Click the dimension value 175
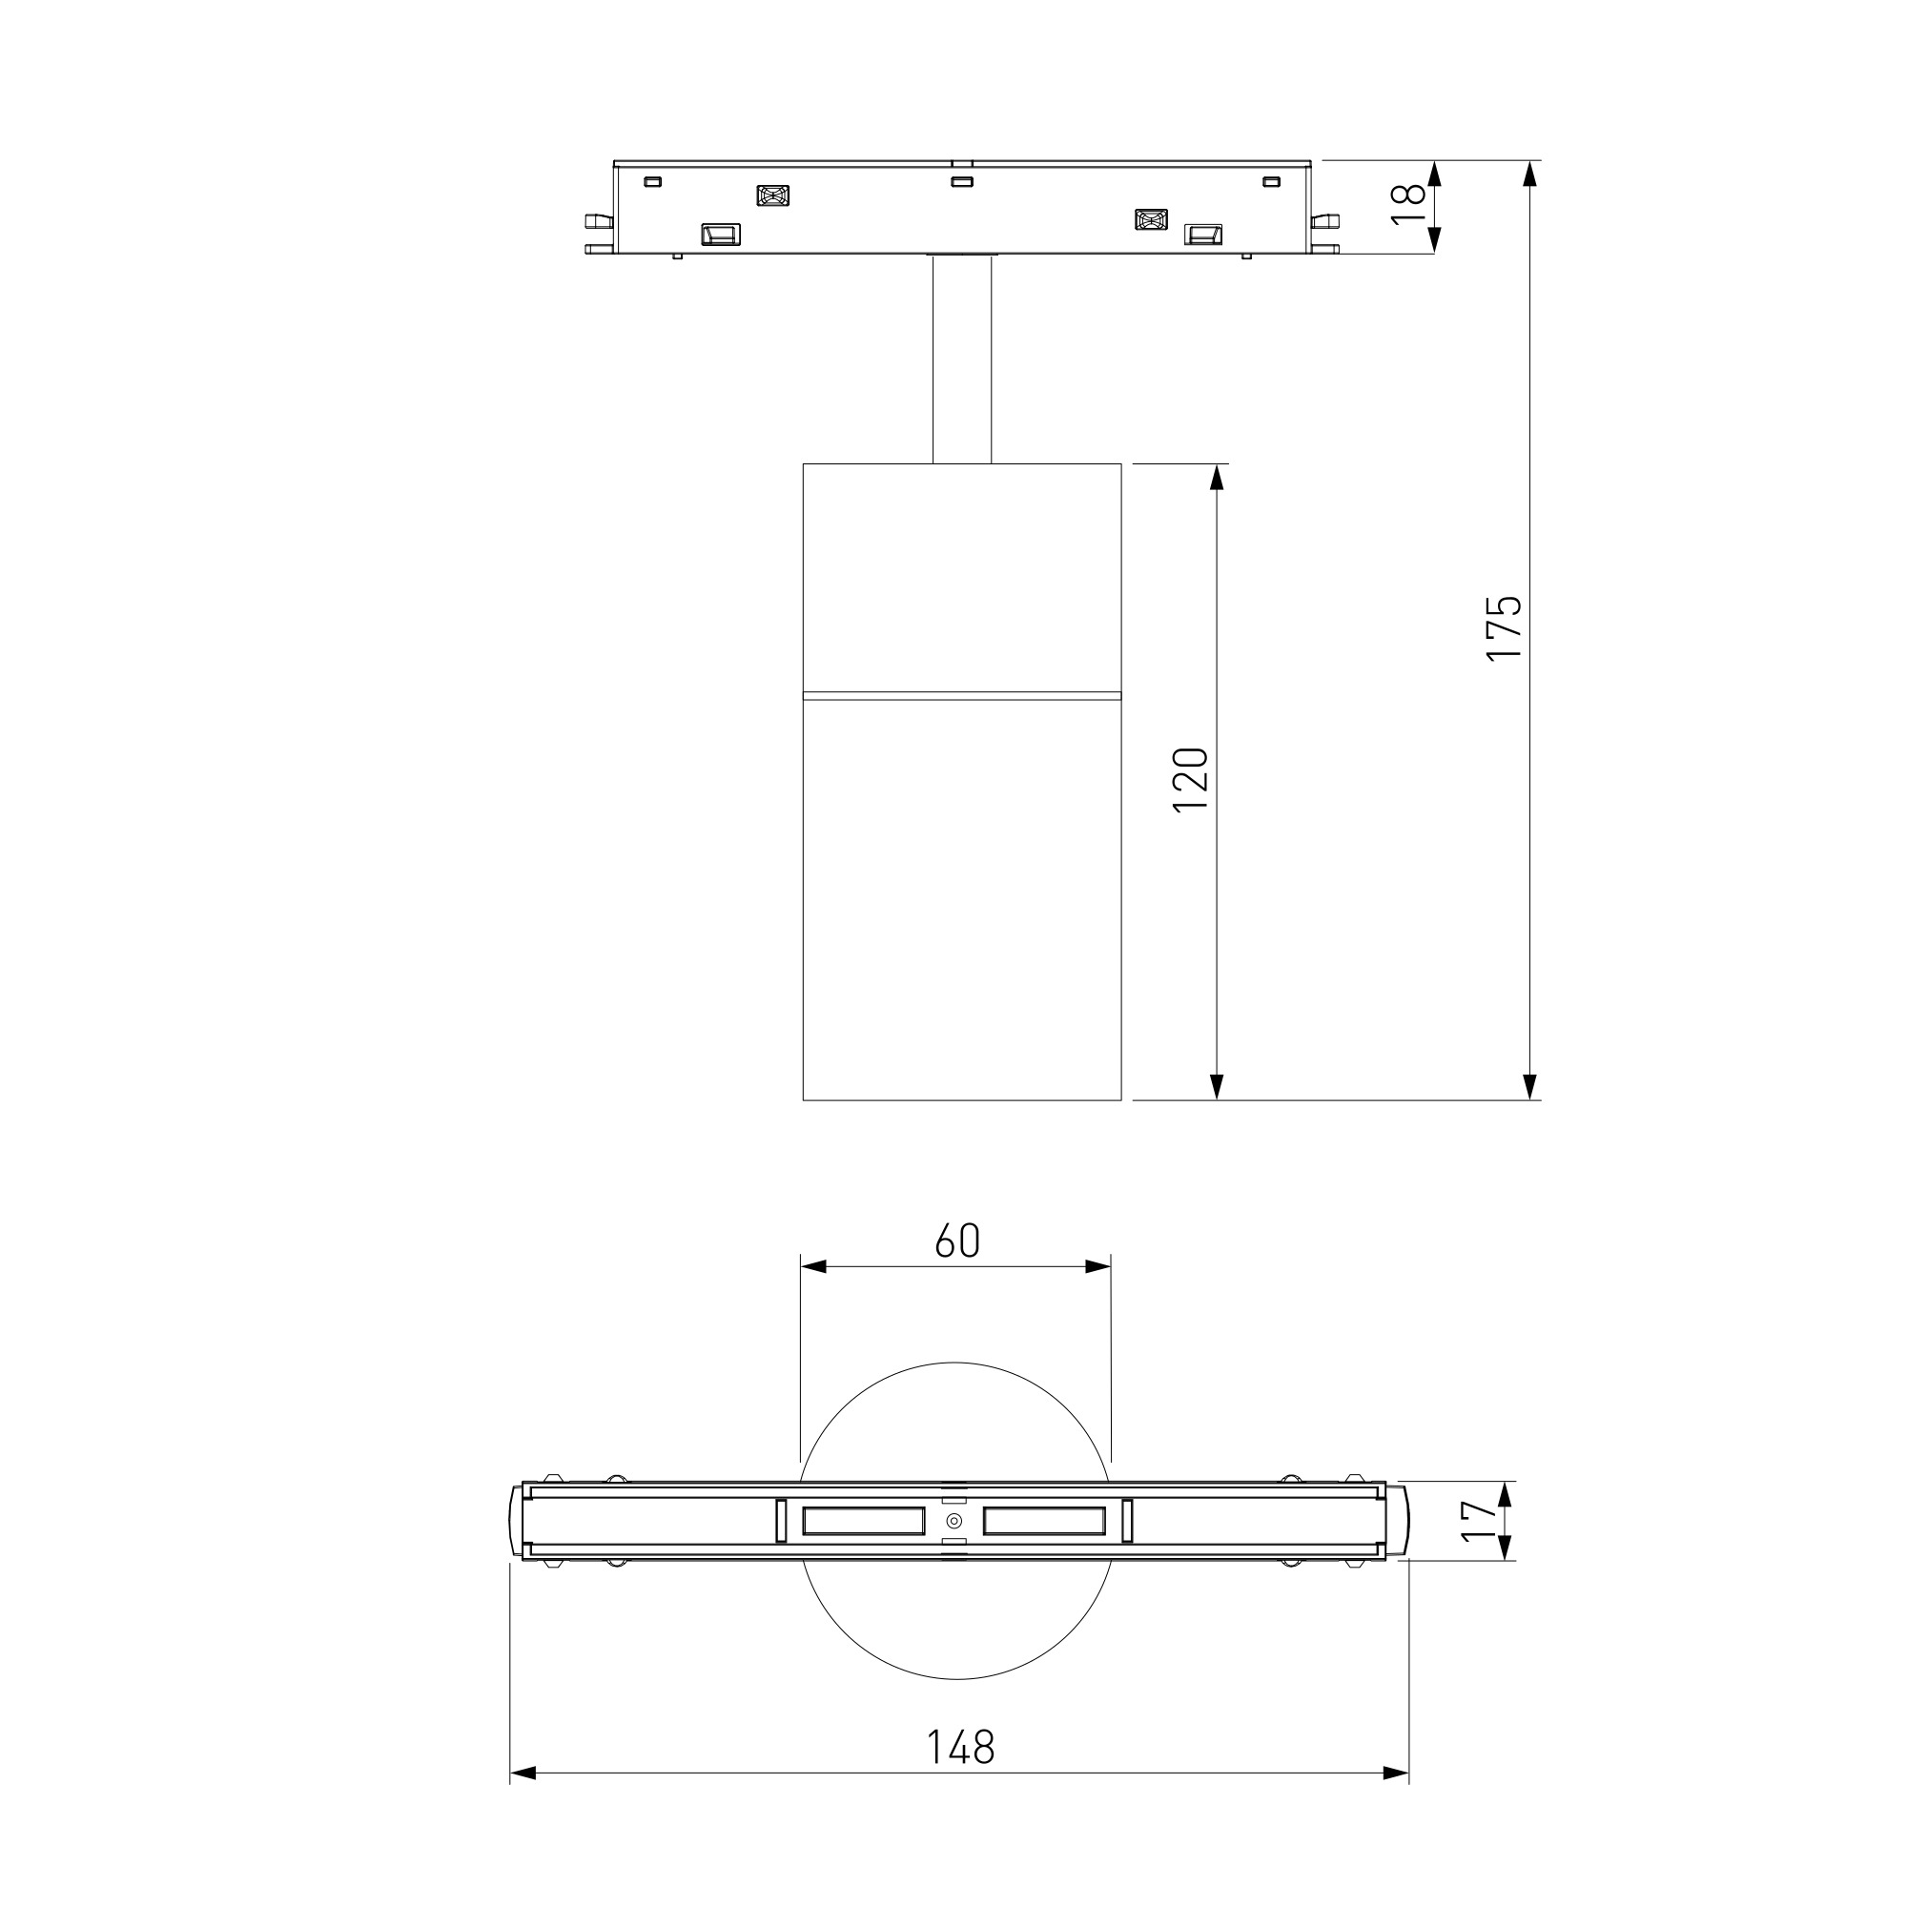1504,627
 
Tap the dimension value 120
1190,780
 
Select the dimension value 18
1408,205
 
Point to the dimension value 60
957,1241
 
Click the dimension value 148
960,1746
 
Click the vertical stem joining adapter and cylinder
962,359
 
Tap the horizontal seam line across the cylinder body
962,695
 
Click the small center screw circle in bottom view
954,1520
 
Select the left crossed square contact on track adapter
773,195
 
